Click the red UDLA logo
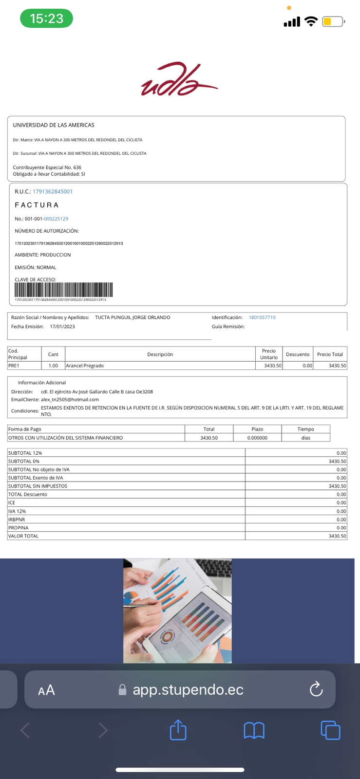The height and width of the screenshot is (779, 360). click(179, 79)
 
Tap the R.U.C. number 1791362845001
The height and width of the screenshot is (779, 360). click(53, 191)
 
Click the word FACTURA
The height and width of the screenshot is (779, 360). click(37, 205)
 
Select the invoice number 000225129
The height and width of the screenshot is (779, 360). click(56, 219)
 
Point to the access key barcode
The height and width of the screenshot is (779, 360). click(64, 290)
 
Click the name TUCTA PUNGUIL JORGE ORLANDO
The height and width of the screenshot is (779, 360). click(133, 317)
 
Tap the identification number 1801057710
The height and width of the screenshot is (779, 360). click(262, 317)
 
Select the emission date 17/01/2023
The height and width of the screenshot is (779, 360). click(62, 327)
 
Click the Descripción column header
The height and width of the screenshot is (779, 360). click(160, 354)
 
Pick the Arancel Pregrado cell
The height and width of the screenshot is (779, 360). click(85, 366)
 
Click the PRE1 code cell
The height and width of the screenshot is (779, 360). click(14, 366)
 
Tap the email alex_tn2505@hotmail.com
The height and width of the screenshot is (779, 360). click(70, 400)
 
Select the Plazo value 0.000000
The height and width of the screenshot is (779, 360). click(257, 438)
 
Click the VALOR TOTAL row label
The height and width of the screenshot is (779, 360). click(23, 536)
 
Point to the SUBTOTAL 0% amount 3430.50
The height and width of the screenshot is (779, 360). click(337, 461)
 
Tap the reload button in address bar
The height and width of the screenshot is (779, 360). click(316, 689)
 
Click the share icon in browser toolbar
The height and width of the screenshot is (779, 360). click(178, 730)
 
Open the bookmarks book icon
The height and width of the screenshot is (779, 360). click(254, 730)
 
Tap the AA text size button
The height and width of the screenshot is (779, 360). click(46, 690)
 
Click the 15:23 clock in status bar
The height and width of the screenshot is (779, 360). click(46, 19)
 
